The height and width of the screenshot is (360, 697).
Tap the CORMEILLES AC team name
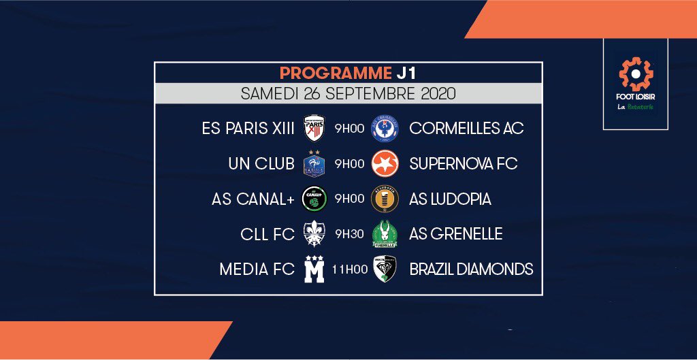coord(466,128)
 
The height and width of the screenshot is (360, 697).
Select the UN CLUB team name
coord(261,163)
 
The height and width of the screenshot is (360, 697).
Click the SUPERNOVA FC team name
coord(463,163)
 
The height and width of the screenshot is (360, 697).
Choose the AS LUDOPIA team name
coord(450,199)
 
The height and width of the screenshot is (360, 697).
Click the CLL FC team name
coord(268,234)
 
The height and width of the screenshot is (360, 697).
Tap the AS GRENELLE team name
coord(456,234)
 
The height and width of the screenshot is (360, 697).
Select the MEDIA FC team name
coord(257,269)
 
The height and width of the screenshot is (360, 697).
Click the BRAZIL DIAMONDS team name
coord(471,269)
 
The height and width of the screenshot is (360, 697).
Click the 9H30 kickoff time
coord(349,234)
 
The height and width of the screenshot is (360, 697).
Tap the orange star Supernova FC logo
coord(385,163)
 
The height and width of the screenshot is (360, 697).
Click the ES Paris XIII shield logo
coord(314,128)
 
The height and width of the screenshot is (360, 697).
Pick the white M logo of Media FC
coord(314,269)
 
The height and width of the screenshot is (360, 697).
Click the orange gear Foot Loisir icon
coord(636,74)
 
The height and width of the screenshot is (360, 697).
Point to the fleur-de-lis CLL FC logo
coord(314,234)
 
